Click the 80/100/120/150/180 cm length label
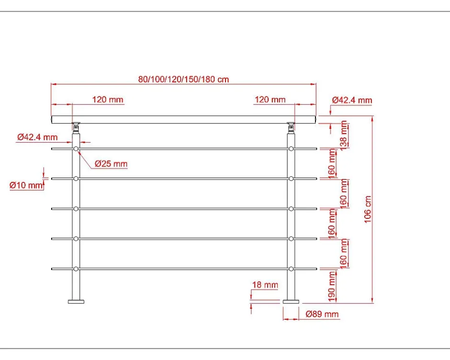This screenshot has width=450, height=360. tap(183, 79)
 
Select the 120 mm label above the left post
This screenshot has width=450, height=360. tap(108, 100)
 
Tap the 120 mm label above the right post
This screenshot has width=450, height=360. tap(270, 100)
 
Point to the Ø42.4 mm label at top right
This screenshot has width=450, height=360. tap(352, 100)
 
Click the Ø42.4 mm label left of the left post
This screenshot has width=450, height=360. tap(37, 137)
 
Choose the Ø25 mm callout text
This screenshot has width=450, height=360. tap(111, 164)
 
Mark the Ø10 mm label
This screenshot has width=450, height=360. tap(26, 185)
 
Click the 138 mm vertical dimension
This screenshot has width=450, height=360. tap(344, 135)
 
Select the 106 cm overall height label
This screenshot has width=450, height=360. tap(368, 209)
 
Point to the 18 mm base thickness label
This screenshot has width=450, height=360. tap(265, 285)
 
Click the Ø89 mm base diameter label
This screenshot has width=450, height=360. tap(322, 315)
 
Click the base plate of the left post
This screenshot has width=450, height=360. tap(76, 302)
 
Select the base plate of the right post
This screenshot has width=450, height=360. tap(291, 302)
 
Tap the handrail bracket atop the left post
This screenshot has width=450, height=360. tap(76, 127)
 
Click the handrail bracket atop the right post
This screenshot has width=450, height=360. tap(291, 127)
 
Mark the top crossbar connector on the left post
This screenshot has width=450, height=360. tap(76, 149)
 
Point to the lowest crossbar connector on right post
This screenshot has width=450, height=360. tap(291, 269)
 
